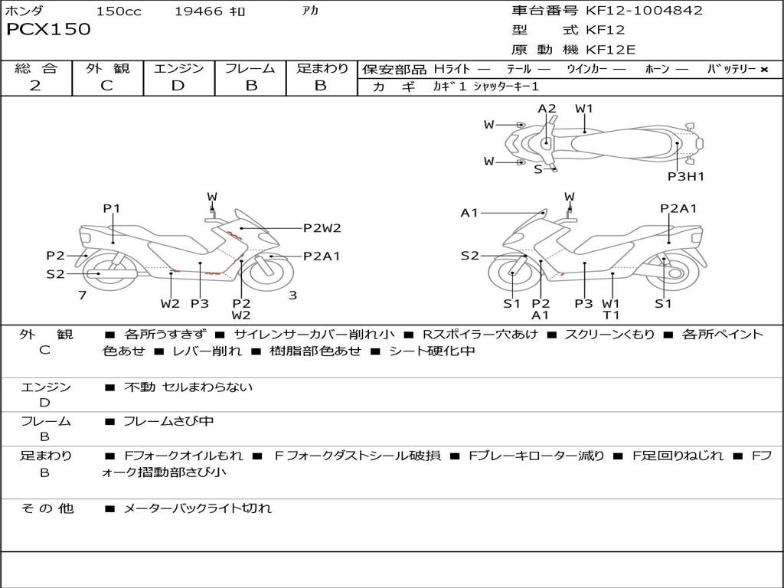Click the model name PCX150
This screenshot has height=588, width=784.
(48, 30)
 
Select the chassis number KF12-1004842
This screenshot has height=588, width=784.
(644, 11)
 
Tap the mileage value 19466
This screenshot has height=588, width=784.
(198, 11)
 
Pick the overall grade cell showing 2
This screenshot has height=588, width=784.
(35, 85)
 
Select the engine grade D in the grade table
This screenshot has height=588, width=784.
(178, 85)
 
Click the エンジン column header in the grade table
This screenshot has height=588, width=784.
(178, 68)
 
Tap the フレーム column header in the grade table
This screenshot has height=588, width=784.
(250, 68)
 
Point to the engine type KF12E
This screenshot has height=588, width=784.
(611, 50)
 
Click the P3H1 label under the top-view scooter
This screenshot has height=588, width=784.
(685, 176)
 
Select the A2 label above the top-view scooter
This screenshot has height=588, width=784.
(547, 109)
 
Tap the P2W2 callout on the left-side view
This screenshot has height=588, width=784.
(322, 227)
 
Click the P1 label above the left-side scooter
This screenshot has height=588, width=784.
(112, 208)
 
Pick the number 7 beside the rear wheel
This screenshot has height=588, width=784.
(82, 295)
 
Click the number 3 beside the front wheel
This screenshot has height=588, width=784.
(292, 295)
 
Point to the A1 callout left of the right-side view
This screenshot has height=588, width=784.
(469, 213)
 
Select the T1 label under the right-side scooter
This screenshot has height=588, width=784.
(611, 315)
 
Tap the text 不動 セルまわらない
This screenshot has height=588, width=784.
(188, 387)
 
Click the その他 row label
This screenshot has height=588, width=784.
(47, 508)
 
